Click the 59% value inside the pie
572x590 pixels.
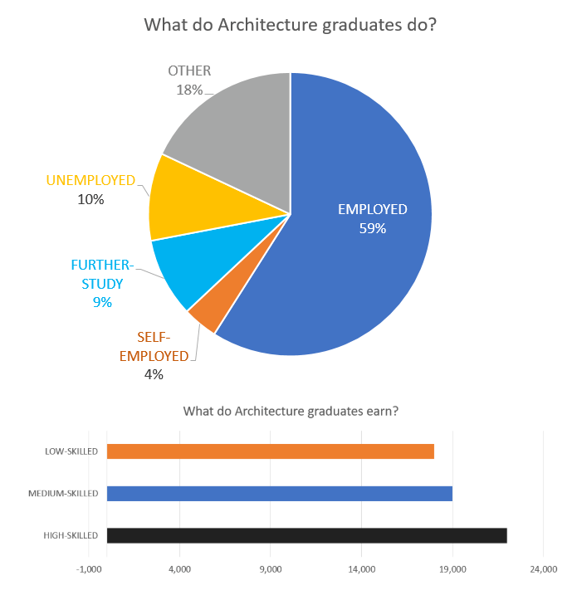(x=373, y=228)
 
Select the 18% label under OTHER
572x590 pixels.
(x=189, y=90)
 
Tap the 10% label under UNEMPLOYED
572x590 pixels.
(x=90, y=199)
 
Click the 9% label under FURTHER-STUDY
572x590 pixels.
(x=102, y=303)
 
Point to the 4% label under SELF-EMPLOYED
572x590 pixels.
(x=154, y=374)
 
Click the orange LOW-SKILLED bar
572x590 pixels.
(x=271, y=451)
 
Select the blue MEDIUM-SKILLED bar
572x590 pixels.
(x=280, y=494)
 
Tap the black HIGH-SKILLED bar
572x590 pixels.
(x=307, y=535)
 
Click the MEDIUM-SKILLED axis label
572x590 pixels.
(x=63, y=494)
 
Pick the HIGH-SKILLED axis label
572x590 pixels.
(x=71, y=535)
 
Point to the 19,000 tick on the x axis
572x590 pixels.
(x=452, y=569)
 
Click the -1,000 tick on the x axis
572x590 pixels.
(x=89, y=569)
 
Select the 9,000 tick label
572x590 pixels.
(x=271, y=569)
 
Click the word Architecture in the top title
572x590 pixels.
(x=265, y=25)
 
